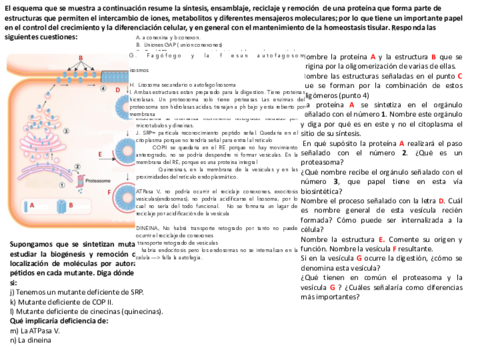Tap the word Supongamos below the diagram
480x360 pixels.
[x=35, y=244]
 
